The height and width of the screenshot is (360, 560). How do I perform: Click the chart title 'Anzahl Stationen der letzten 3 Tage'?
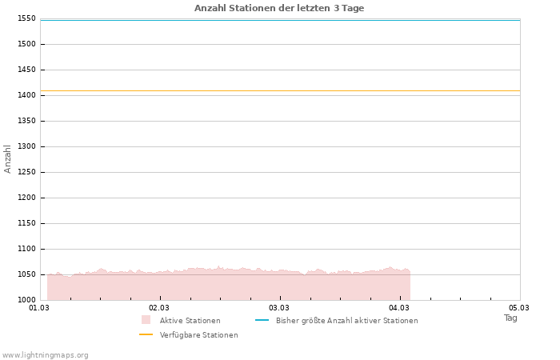pyautogui.click(x=279, y=8)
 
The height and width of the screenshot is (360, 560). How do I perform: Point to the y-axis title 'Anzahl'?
pyautogui.click(x=8, y=158)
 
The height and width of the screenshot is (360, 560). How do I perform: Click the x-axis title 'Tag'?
pyautogui.click(x=510, y=318)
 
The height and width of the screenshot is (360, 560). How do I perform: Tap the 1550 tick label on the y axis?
pyautogui.click(x=26, y=18)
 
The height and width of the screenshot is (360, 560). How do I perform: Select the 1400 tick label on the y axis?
pyautogui.click(x=26, y=95)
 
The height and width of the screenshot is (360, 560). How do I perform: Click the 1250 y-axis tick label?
pyautogui.click(x=26, y=172)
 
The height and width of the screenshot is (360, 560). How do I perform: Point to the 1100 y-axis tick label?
pyautogui.click(x=26, y=249)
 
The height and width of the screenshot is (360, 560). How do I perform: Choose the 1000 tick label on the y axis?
pyautogui.click(x=26, y=300)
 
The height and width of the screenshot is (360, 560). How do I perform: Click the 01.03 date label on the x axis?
pyautogui.click(x=39, y=307)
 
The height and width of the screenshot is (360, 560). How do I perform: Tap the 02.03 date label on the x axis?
pyautogui.click(x=159, y=307)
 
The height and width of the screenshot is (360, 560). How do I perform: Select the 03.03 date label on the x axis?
pyautogui.click(x=279, y=307)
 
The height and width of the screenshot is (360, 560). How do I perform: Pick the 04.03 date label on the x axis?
pyautogui.click(x=399, y=307)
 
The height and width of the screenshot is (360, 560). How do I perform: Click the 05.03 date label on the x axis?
pyautogui.click(x=519, y=307)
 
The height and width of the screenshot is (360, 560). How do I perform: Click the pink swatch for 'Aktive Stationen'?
pyautogui.click(x=146, y=320)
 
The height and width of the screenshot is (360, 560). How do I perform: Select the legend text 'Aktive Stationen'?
pyautogui.click(x=190, y=321)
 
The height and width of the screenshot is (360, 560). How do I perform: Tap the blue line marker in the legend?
pyautogui.click(x=262, y=320)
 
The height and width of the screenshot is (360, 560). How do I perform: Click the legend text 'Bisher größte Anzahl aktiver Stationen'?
pyautogui.click(x=346, y=321)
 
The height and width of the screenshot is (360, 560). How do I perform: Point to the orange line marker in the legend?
pyautogui.click(x=146, y=334)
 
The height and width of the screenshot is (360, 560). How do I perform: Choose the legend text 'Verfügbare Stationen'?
pyautogui.click(x=198, y=335)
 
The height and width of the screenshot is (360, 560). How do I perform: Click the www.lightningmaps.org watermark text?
pyautogui.click(x=46, y=354)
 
